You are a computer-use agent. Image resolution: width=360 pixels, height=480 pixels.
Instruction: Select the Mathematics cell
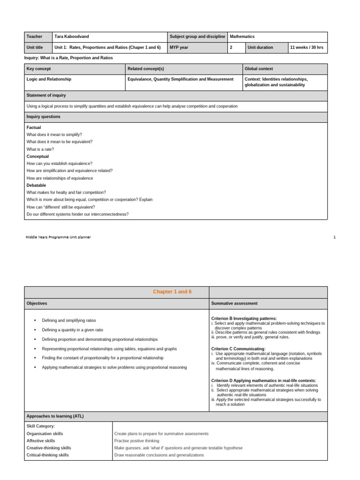(x=242, y=37)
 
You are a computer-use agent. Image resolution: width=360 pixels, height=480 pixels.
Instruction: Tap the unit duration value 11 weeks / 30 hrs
(x=307, y=48)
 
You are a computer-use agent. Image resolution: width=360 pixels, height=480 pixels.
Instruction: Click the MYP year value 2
(x=231, y=48)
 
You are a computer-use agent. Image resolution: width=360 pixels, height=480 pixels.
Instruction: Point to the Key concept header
(x=38, y=69)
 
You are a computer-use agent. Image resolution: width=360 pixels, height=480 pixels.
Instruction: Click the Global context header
(x=259, y=69)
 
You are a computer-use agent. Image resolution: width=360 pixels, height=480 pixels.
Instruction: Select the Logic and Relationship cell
(x=49, y=79)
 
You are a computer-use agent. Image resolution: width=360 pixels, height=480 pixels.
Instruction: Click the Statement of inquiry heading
(x=46, y=95)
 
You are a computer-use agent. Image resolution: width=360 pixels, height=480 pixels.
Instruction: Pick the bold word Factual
(x=34, y=127)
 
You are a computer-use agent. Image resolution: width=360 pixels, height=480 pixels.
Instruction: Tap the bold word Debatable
(x=36, y=185)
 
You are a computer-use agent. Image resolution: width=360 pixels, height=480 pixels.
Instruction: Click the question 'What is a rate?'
(x=42, y=149)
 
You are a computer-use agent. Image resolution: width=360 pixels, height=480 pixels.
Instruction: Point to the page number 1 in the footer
(x=335, y=237)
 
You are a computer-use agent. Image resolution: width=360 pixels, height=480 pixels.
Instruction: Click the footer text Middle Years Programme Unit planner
(x=58, y=237)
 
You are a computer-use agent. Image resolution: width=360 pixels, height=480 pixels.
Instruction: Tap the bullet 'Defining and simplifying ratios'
(x=69, y=321)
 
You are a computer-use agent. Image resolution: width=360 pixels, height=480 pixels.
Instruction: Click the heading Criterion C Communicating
(x=238, y=349)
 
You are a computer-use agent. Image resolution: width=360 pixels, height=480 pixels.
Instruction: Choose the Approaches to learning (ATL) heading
(x=55, y=416)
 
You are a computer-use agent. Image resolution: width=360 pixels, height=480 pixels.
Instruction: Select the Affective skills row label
(x=41, y=441)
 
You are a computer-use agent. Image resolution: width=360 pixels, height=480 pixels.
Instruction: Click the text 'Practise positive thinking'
(x=137, y=441)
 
